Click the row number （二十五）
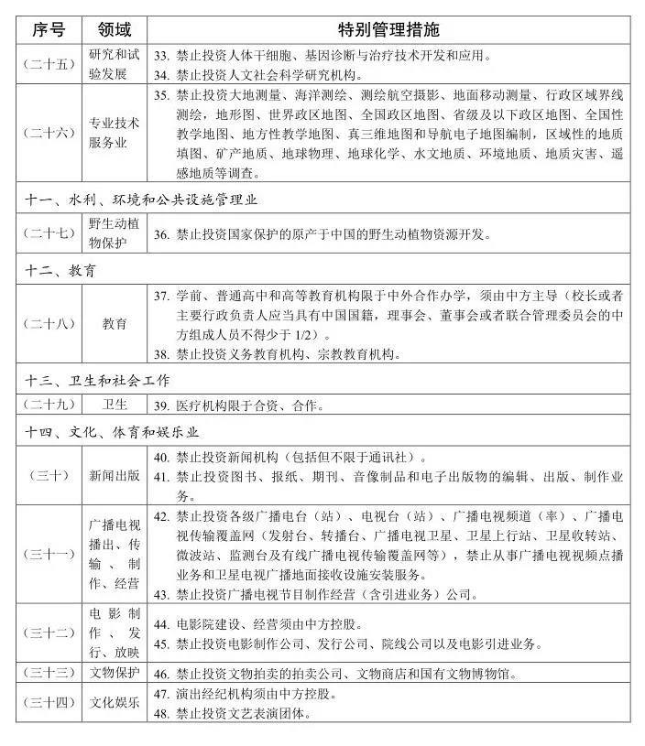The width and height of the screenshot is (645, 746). [x=49, y=64]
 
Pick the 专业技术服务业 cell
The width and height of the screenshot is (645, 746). [x=115, y=134]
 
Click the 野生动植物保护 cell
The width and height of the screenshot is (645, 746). [x=115, y=234]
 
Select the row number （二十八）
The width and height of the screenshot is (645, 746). [x=49, y=325]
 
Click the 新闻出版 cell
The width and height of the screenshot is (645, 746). [x=115, y=475]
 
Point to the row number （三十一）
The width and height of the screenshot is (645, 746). [x=49, y=554]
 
